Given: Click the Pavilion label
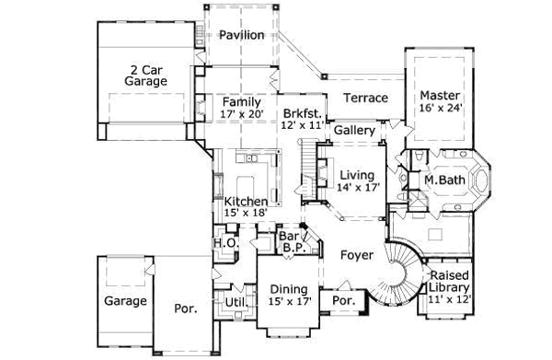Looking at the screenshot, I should coord(242,35).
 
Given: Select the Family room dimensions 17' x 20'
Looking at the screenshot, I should coord(242,114).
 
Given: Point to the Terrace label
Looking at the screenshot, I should coord(365,99).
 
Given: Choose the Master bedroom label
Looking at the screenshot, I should coord(440,95).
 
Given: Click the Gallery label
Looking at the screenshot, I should coord(354,131).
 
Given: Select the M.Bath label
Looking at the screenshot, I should coord(443,180).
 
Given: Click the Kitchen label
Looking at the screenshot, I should coord(246,202).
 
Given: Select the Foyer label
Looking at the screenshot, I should coord(355,253).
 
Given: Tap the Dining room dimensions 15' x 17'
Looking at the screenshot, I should coord(288,299).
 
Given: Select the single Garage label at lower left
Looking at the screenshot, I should coord(123,300).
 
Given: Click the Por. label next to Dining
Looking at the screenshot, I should coord(343,301).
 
